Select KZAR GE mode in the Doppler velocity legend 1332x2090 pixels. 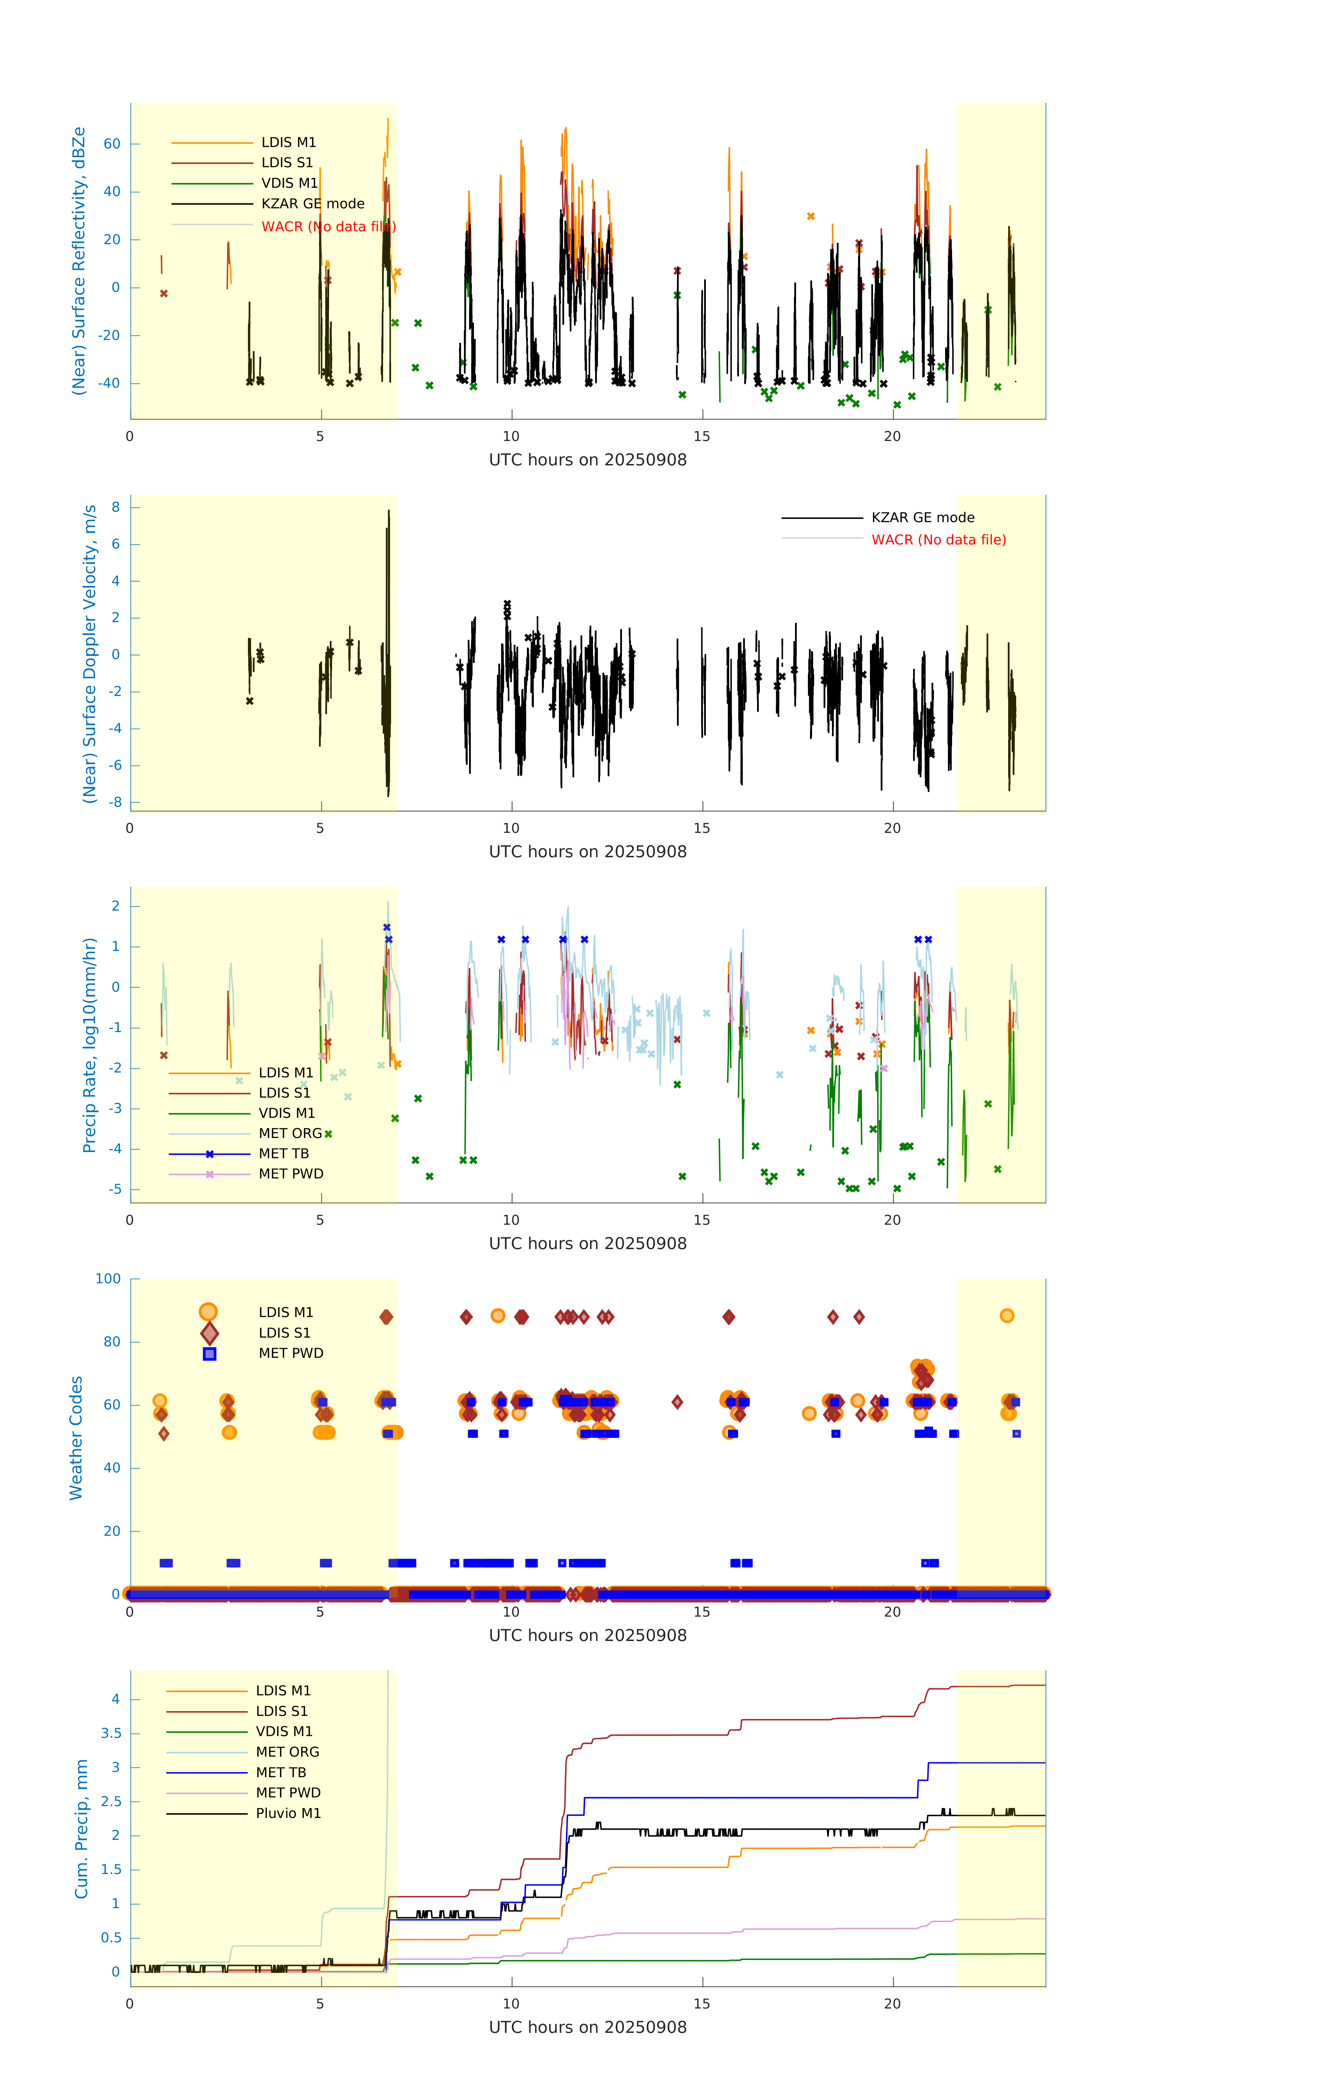922,517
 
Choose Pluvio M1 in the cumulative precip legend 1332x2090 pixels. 288,1813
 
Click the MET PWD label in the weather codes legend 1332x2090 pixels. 291,1353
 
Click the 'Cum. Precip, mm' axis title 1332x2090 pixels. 81,1829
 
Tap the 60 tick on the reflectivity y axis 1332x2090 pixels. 112,144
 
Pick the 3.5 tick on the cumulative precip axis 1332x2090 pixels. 110,1733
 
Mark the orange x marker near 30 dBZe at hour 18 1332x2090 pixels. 810,216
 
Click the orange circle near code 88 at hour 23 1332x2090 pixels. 1007,1316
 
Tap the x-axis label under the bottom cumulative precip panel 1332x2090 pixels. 587,2028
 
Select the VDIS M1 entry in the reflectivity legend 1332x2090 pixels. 289,183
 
